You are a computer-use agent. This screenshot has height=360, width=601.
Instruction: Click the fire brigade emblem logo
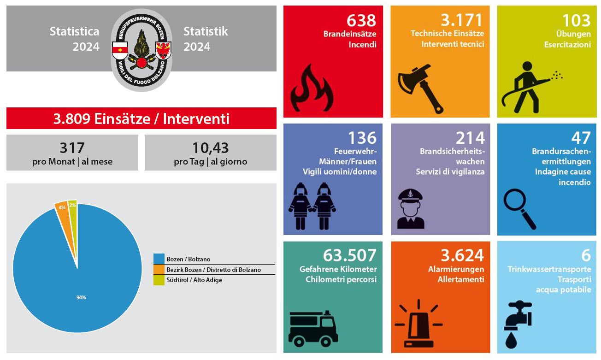[141, 50]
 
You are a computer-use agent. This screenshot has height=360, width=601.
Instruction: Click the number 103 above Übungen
[576, 20]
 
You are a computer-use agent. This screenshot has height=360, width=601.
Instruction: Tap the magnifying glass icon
[520, 208]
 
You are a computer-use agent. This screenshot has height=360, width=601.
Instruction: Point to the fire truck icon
[313, 328]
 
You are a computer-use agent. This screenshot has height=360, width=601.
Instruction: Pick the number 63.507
[350, 255]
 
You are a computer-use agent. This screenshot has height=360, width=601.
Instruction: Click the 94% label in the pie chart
[81, 297]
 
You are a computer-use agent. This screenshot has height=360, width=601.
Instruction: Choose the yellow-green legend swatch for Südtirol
[159, 280]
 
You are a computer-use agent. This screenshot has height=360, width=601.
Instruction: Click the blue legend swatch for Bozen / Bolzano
[159, 259]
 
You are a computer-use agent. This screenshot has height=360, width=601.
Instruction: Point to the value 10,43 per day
[210, 148]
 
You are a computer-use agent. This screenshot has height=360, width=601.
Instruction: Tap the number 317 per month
[72, 148]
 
